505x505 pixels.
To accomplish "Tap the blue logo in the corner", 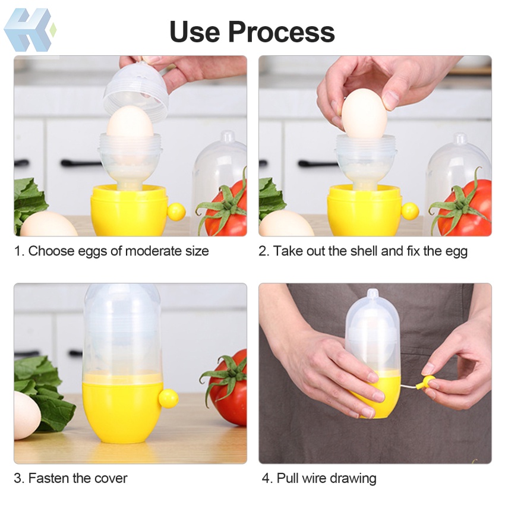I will (30, 30).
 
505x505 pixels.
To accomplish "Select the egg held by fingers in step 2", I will (364, 112).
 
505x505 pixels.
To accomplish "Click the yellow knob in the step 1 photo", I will (176, 212).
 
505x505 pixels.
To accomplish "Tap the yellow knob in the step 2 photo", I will (409, 211).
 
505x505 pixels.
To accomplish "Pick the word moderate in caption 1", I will (146, 251).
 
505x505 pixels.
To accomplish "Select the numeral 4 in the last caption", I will (266, 478).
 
